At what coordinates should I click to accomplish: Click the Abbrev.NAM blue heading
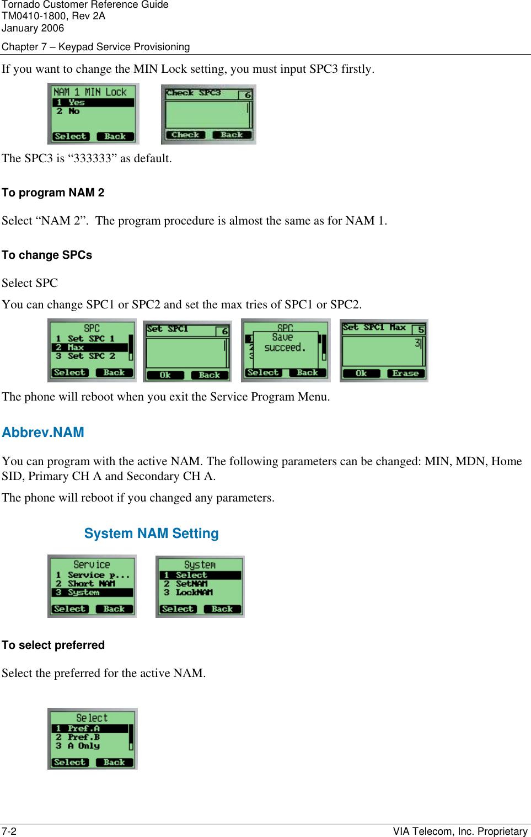click(x=43, y=433)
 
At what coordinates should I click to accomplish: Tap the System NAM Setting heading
click(x=151, y=534)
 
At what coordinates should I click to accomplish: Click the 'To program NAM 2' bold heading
click(x=53, y=193)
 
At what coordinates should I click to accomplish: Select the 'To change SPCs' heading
click(x=47, y=255)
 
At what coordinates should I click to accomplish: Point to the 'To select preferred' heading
click(x=53, y=645)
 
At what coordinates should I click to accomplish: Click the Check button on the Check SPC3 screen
click(x=185, y=135)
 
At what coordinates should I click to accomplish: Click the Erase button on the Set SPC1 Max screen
click(x=405, y=374)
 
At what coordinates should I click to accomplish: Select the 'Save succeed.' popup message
click(x=284, y=343)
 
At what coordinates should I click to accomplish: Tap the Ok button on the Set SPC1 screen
click(x=165, y=375)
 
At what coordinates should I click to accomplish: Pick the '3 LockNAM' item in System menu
click(x=194, y=593)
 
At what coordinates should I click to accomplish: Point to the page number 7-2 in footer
click(x=9, y=831)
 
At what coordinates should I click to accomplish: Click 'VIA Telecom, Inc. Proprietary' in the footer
click(x=460, y=831)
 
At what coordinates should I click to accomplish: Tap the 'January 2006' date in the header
click(x=33, y=28)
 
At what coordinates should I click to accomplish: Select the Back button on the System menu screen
click(x=222, y=609)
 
